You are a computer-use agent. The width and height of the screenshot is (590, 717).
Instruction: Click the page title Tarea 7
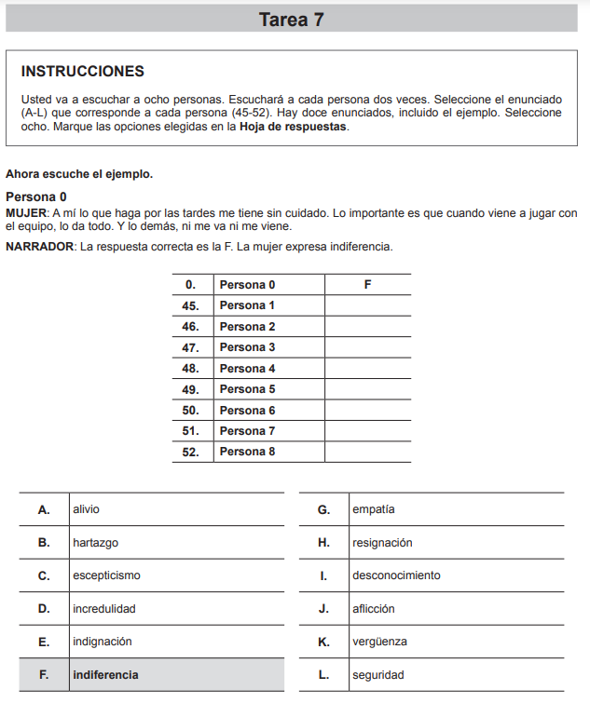click(292, 20)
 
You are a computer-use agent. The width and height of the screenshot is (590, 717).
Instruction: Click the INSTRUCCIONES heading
click(82, 72)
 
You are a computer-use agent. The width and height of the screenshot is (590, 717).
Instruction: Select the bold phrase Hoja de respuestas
click(294, 127)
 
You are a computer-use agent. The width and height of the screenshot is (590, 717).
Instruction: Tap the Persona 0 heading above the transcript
click(36, 197)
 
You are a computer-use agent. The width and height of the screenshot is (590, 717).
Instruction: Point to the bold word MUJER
click(24, 213)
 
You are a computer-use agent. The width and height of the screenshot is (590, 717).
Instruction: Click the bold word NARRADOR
click(39, 247)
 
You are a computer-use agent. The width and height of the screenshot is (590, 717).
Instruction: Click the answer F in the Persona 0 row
click(367, 285)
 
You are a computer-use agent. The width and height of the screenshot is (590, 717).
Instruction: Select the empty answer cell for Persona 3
click(367, 347)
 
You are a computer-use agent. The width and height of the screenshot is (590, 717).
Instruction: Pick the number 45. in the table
click(191, 305)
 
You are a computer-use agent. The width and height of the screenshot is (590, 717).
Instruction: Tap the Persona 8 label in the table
click(247, 452)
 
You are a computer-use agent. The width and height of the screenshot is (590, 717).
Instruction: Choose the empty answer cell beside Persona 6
click(367, 410)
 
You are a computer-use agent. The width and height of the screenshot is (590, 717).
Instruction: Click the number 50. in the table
click(191, 410)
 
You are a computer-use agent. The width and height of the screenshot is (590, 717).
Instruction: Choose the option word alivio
click(86, 509)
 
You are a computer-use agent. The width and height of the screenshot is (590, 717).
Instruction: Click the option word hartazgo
click(95, 543)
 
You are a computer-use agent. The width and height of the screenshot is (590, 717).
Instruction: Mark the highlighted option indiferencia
click(105, 674)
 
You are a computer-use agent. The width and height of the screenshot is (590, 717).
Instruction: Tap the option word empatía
click(373, 509)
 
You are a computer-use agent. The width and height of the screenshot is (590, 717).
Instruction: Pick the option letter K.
click(323, 642)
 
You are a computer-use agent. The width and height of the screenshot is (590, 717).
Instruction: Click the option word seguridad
click(377, 675)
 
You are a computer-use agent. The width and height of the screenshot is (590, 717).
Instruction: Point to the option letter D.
click(44, 609)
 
